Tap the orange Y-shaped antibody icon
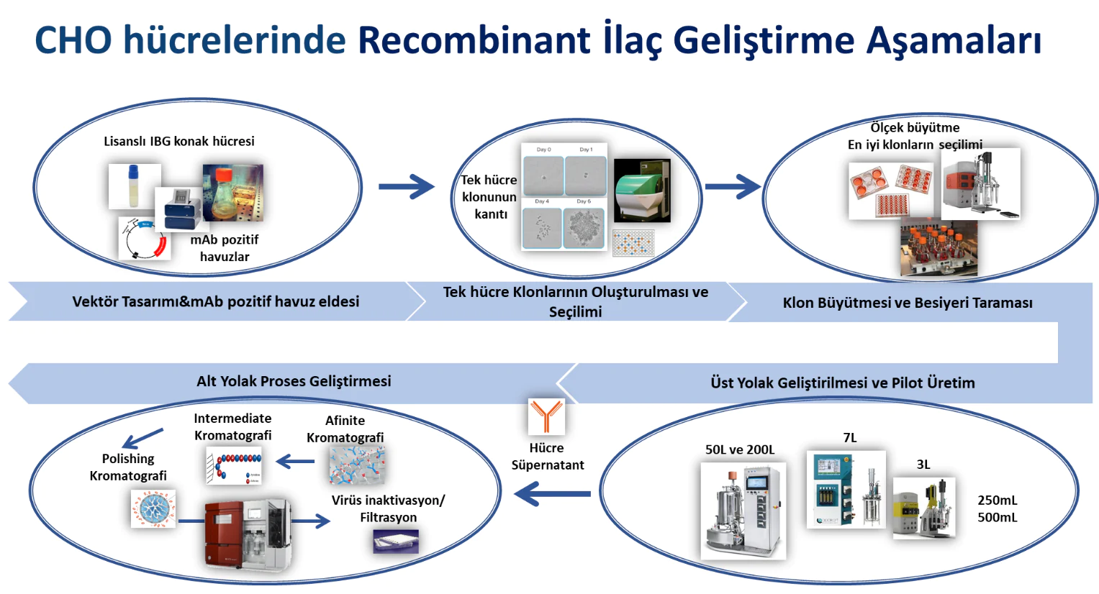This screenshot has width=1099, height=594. [546, 416]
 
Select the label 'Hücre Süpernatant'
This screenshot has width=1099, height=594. [547, 457]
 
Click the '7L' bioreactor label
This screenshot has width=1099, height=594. [850, 438]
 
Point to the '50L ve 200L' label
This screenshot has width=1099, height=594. [740, 449]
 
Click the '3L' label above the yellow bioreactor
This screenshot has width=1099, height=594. [923, 465]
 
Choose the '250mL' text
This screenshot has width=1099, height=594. [997, 501]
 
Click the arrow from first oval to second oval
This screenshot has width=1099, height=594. [407, 187]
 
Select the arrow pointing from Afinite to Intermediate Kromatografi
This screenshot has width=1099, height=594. [295, 462]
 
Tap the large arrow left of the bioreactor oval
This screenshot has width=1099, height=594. [552, 494]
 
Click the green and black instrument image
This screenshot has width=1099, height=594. [642, 191]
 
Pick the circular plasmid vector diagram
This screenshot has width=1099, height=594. [144, 239]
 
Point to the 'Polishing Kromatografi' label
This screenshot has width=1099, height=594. [128, 467]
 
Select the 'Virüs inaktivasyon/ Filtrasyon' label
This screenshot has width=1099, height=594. [388, 508]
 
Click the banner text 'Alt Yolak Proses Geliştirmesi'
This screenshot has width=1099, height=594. [294, 381]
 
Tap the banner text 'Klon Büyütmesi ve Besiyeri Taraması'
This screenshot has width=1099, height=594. [907, 303]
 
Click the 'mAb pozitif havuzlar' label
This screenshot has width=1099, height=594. [225, 248]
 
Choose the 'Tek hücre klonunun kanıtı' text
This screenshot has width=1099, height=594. [489, 197]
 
